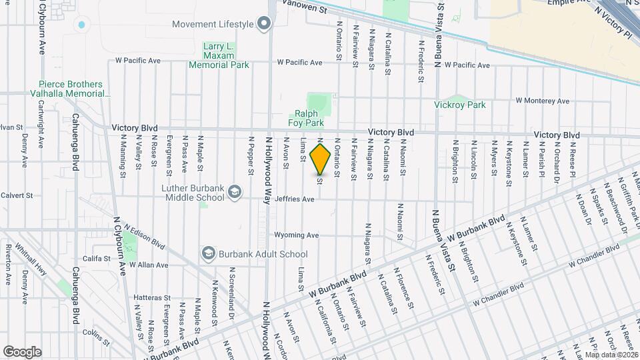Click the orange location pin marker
tap(321, 159)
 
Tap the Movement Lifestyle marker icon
tap(263, 25)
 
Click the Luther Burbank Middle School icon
tap(234, 193)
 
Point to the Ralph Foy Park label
tap(306, 118)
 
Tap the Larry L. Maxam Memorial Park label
tap(219, 55)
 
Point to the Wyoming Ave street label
tap(297, 235)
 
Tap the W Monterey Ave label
tap(543, 101)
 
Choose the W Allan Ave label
tap(148, 265)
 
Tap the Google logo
tap(22, 351)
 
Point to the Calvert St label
tap(17, 195)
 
